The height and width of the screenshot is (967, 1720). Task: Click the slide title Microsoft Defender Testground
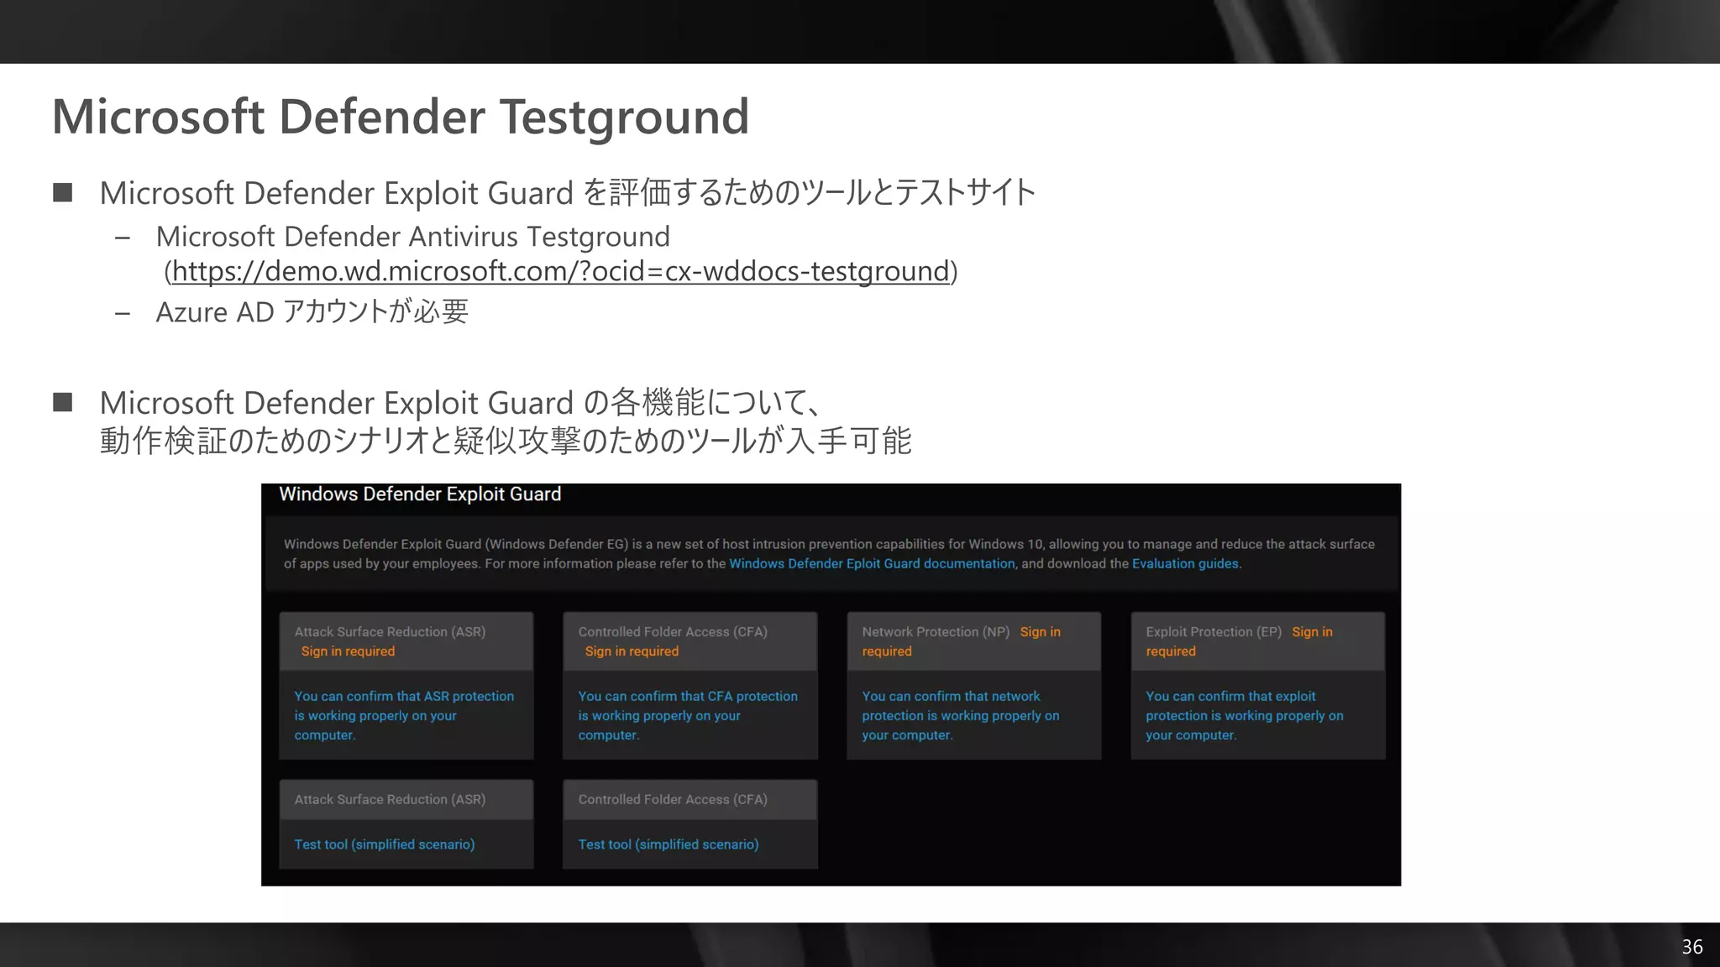400,116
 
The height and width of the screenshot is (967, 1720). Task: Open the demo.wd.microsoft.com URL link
560,271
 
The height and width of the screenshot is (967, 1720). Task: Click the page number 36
1691,947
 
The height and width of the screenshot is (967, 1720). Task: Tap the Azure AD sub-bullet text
312,312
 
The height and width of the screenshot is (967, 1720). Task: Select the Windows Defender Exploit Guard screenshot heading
420,494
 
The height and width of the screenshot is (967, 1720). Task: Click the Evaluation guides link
1185,564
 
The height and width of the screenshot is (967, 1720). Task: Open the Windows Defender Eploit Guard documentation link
872,564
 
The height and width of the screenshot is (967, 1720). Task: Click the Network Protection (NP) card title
935,632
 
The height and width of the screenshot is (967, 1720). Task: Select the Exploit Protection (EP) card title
1213,632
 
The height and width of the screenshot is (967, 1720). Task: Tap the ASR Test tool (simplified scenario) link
384,844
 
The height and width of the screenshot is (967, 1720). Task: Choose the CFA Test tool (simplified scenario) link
668,844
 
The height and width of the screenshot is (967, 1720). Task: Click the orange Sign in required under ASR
348,651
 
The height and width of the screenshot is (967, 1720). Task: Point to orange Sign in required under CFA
632,651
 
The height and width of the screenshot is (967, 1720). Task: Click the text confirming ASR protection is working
404,715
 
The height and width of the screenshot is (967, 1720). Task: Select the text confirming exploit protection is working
1244,715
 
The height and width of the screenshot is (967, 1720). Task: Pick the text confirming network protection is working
960,715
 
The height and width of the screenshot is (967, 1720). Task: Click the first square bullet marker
62,193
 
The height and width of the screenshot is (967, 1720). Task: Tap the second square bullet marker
62,403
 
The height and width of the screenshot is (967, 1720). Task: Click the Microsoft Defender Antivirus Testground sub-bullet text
412,237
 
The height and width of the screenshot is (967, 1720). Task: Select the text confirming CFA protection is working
687,715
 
